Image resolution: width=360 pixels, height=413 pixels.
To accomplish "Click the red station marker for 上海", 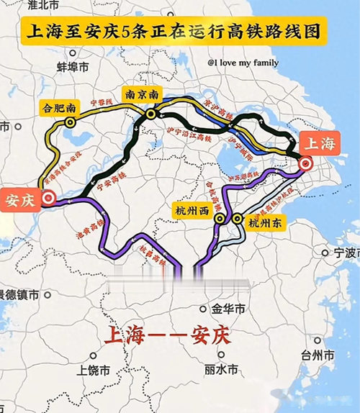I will (305, 165).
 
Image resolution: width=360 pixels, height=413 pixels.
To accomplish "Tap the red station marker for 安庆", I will (48, 196).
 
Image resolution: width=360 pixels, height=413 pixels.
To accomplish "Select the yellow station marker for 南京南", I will (150, 114).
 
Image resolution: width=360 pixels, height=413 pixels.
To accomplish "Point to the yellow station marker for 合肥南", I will (70, 123).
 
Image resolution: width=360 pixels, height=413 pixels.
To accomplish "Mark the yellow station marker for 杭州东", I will (237, 218).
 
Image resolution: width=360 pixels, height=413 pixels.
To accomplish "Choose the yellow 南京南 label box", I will (143, 94).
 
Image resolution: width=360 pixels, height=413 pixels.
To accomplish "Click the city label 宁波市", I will (340, 253).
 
